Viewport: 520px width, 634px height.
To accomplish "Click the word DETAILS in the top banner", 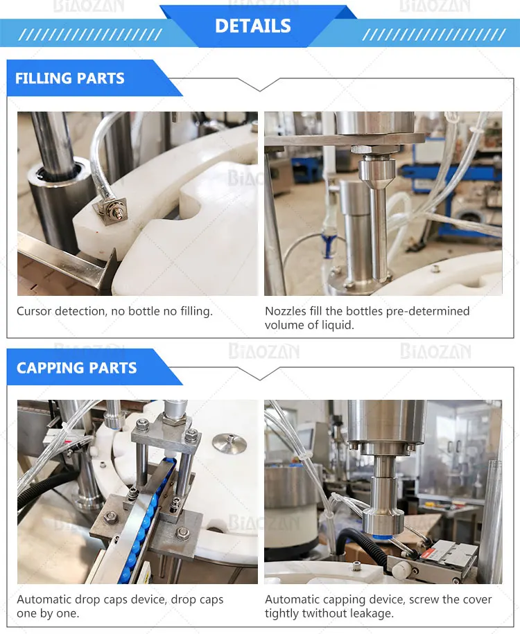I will [x=252, y=26].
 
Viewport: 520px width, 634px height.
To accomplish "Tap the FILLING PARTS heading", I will [x=70, y=78].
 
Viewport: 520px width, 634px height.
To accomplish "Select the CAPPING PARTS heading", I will [x=76, y=368].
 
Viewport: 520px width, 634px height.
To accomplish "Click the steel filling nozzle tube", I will [x=378, y=215].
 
